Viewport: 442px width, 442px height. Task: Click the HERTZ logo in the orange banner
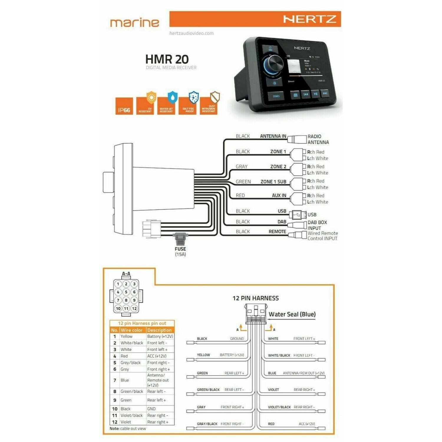[x=309, y=19]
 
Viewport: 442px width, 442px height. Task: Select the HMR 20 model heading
[x=167, y=59]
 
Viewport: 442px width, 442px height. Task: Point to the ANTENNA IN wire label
[x=273, y=136]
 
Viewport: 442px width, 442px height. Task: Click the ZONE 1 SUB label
[x=273, y=182]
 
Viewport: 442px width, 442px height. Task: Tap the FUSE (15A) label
[x=180, y=251]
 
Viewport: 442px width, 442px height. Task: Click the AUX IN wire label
[x=279, y=195]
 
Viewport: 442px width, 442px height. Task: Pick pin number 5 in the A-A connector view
[x=126, y=292]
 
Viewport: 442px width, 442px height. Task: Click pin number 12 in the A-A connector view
[x=134, y=309]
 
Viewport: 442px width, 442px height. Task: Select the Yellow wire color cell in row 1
[x=127, y=337]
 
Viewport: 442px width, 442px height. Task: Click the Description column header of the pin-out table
[x=159, y=330]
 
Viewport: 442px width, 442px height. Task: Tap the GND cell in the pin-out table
[x=151, y=409]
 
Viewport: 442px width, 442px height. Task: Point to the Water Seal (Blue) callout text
[x=292, y=314]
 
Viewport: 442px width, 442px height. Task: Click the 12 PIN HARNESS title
[x=255, y=298]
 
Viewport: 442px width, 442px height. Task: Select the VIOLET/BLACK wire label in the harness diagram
[x=279, y=407]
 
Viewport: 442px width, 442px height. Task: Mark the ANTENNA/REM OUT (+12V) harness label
[x=304, y=373]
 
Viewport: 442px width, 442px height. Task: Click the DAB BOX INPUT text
[x=317, y=225]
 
